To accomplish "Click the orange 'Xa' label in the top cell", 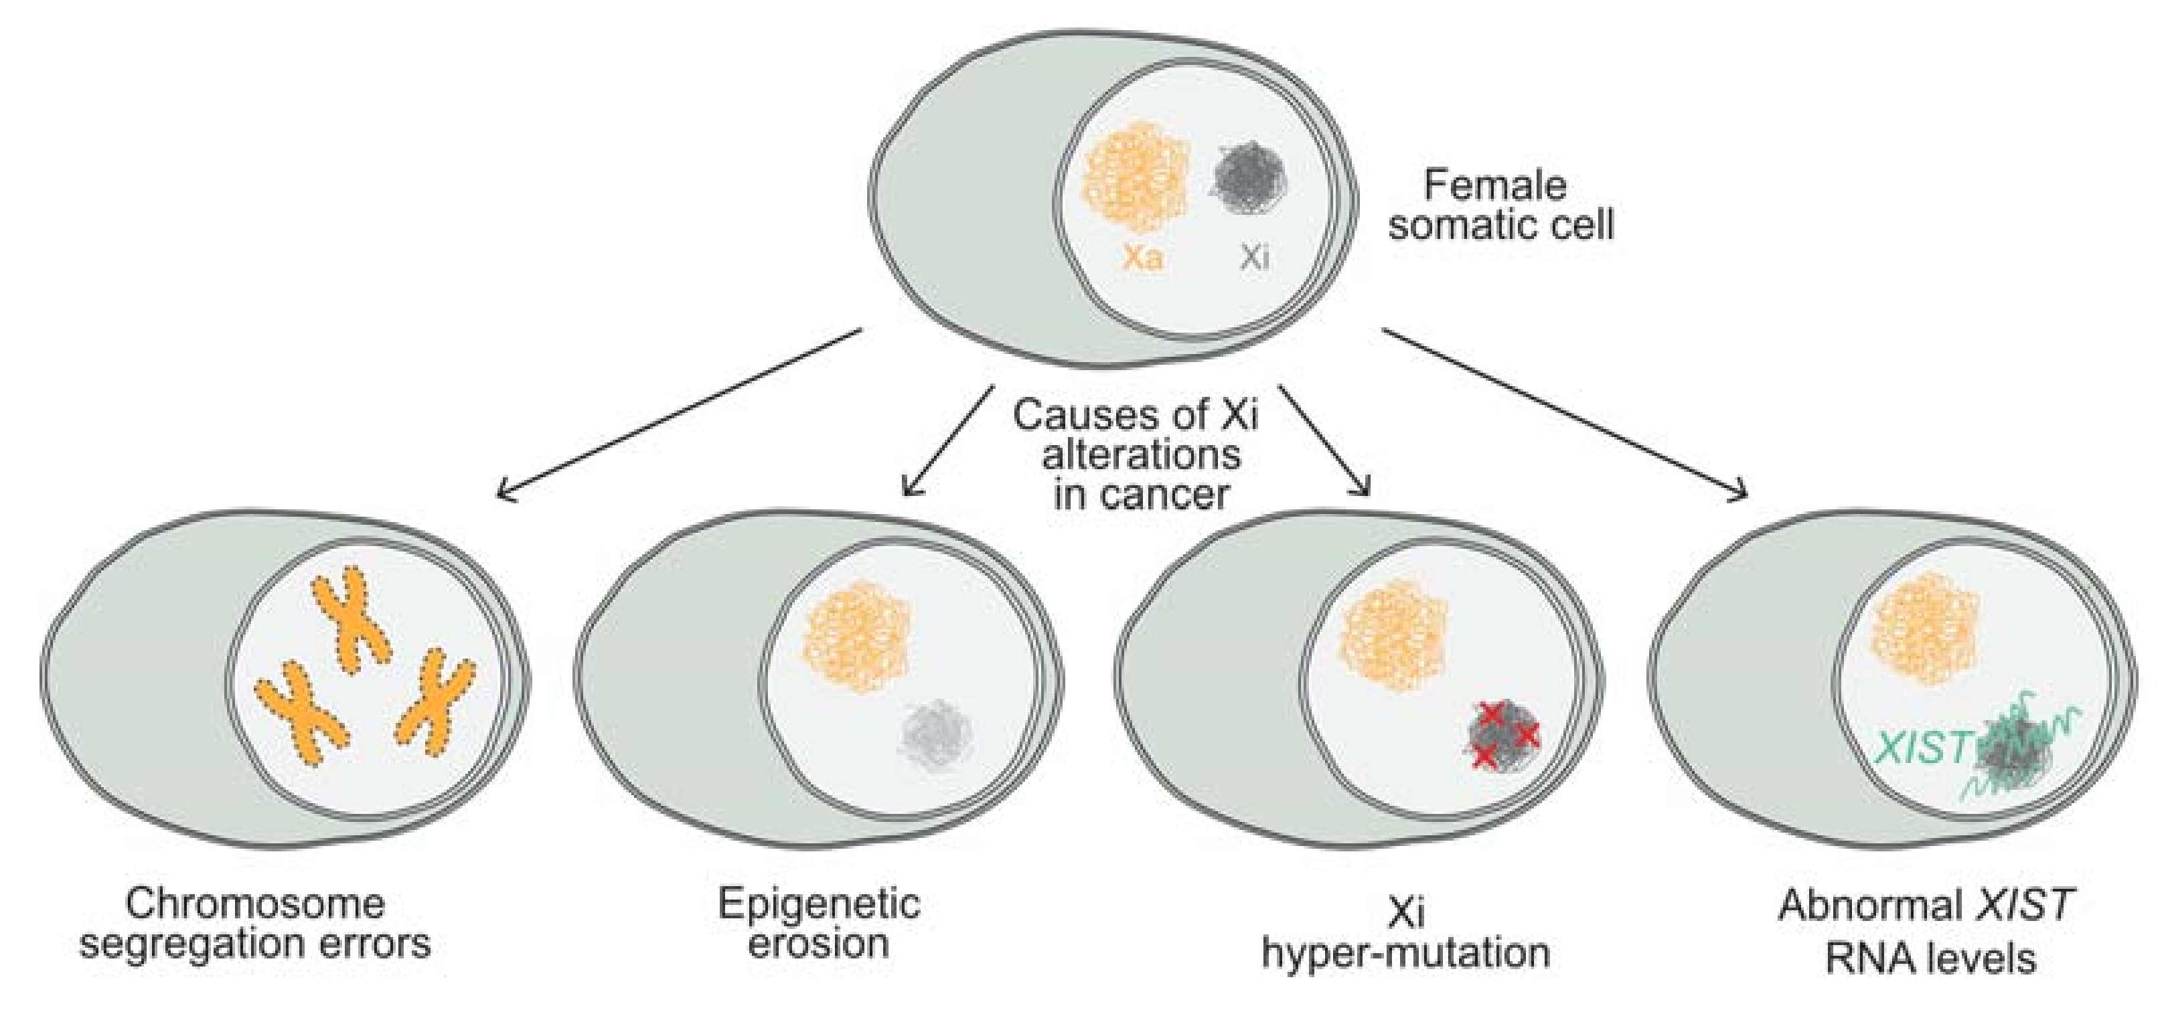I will [x=1142, y=257].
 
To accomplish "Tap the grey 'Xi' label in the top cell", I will [x=1255, y=257].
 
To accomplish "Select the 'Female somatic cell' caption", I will [x=1500, y=205].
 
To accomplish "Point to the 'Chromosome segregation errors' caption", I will [x=254, y=924].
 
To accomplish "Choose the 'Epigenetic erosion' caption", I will [x=819, y=924].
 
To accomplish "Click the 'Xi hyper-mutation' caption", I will [x=1405, y=933].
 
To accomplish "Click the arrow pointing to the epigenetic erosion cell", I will [x=946, y=440].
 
